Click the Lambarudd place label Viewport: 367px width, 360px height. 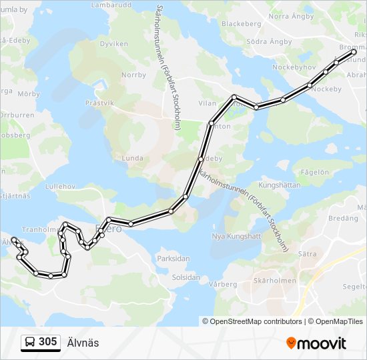tap(110, 5)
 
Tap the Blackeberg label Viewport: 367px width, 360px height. tap(241, 23)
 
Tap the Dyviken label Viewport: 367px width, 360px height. tap(113, 43)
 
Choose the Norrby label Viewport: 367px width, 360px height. tap(133, 75)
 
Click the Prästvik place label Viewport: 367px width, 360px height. tap(100, 103)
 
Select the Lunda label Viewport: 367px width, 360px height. tap(133, 158)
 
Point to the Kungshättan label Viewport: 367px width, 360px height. tap(279, 185)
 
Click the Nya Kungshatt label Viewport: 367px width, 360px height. tap(236, 237)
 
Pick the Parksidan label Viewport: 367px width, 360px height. tap(173, 259)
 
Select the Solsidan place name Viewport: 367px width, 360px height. tap(186, 277)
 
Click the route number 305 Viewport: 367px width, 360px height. tap(47, 342)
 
